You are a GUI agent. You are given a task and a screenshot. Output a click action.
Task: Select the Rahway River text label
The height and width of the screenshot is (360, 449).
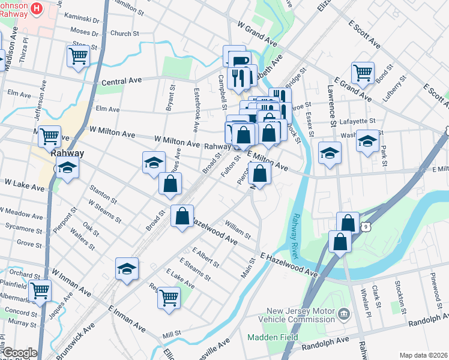(x=297, y=237)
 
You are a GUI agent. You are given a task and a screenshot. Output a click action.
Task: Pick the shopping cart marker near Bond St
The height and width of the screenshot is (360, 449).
(x=363, y=73)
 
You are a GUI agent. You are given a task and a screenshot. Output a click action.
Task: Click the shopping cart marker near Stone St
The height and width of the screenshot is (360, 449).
(x=78, y=56)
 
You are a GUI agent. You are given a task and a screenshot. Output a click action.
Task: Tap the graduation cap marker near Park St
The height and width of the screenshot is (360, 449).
(x=368, y=142)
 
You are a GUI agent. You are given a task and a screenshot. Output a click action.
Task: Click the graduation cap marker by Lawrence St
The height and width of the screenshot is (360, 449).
(x=330, y=153)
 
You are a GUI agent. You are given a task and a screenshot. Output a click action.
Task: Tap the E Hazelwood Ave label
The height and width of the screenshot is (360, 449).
(x=289, y=265)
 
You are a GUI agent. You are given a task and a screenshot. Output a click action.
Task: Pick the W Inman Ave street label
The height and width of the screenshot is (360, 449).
(x=71, y=281)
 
